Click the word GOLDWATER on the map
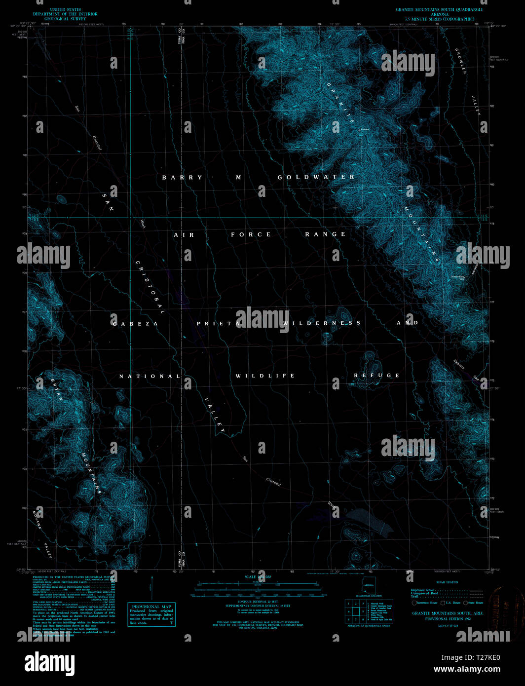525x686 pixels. coord(316,177)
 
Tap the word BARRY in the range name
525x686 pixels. coord(182,178)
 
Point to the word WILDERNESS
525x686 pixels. coord(322,323)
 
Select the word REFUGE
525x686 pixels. coord(376,376)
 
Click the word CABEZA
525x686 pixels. coord(135,324)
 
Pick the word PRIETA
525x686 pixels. coord(219,324)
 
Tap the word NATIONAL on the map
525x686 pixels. coord(150,377)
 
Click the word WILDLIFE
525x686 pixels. coord(265,376)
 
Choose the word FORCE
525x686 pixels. coord(251,235)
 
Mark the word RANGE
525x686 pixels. coord(325,234)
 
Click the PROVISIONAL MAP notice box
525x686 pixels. coord(151,614)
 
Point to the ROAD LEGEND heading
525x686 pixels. coord(447,582)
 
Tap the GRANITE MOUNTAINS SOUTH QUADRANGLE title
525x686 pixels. coord(439,9)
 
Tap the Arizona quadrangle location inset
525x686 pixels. coord(369,586)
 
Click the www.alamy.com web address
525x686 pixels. coord(467,669)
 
